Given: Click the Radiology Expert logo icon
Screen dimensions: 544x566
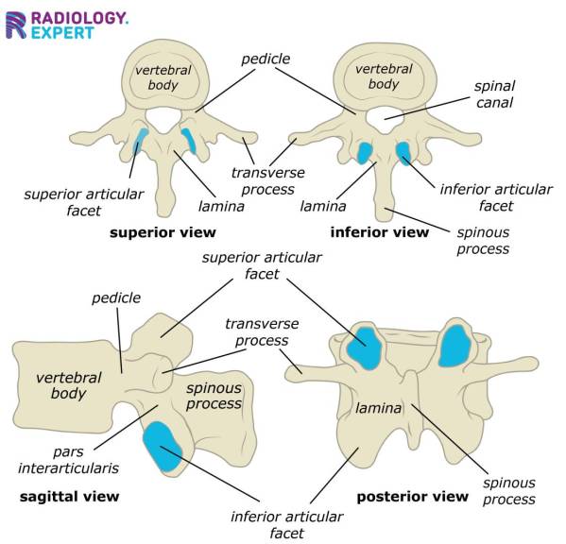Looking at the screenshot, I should [x=16, y=25].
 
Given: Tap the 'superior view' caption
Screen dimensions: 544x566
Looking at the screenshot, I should [x=163, y=231].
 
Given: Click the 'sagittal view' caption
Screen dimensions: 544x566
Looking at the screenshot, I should [x=69, y=496].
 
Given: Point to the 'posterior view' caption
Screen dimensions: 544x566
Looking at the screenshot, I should [x=412, y=496].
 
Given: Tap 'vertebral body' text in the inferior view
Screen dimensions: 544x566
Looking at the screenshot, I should [x=383, y=76].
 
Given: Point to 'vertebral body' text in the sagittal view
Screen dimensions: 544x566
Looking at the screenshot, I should [x=68, y=384].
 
